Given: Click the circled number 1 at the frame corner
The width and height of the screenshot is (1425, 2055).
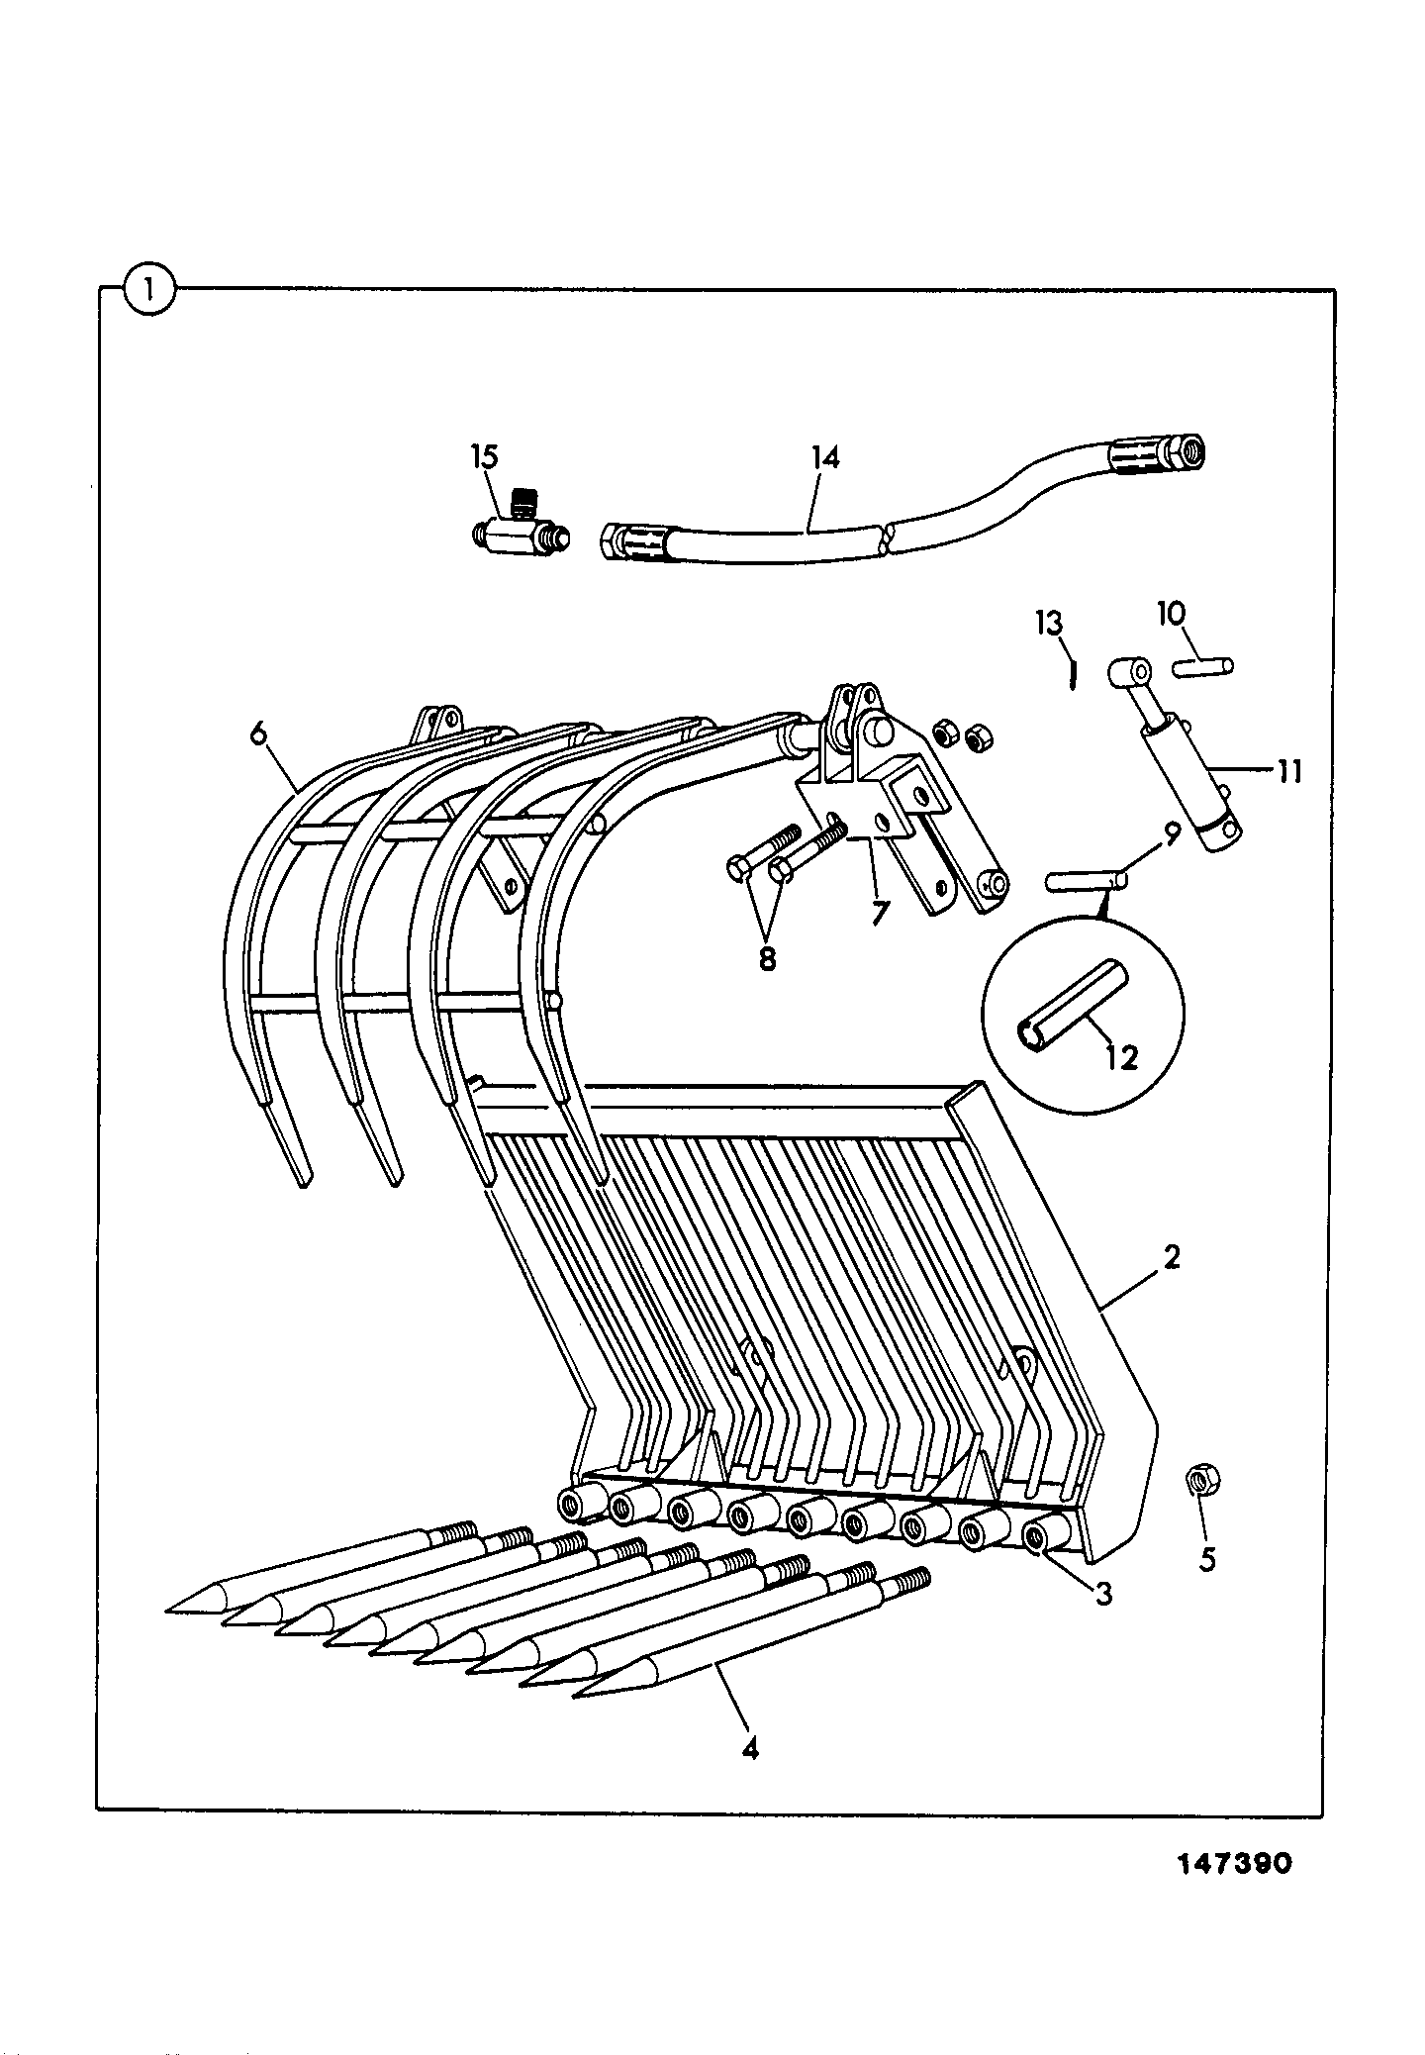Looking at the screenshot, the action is pyautogui.click(x=149, y=291).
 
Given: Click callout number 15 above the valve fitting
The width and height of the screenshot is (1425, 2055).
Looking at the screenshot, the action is pyautogui.click(x=484, y=458).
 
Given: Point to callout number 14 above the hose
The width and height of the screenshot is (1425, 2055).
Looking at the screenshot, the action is pyautogui.click(x=824, y=458).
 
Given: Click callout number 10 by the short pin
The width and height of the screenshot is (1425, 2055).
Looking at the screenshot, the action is pyautogui.click(x=1171, y=614).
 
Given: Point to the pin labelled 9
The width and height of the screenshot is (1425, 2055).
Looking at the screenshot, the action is pyautogui.click(x=1085, y=878).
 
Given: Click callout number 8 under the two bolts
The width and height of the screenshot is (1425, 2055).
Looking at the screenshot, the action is pyautogui.click(x=767, y=958).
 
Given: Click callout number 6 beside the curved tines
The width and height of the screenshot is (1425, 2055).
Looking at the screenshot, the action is pyautogui.click(x=258, y=734).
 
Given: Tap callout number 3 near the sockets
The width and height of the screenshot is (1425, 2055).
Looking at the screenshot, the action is pyautogui.click(x=1103, y=1594).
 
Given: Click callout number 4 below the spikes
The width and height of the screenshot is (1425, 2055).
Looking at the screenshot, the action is pyautogui.click(x=750, y=1749).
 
